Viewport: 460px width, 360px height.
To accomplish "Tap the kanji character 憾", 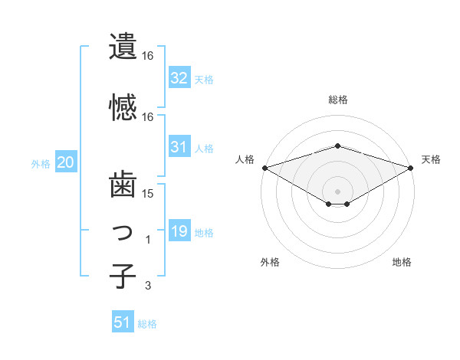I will [x=123, y=107].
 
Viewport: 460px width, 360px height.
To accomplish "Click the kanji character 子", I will [x=123, y=276].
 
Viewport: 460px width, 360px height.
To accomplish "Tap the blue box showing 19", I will [x=179, y=231].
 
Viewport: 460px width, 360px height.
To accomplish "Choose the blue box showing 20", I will [x=66, y=162].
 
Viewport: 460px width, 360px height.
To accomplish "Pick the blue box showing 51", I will [x=123, y=322].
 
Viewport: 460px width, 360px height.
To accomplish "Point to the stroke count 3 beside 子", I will [x=148, y=286].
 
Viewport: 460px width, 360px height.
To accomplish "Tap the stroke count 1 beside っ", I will [x=148, y=240].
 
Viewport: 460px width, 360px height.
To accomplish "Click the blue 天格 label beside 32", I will [x=204, y=79].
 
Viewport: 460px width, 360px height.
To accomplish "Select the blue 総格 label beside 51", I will [x=148, y=324].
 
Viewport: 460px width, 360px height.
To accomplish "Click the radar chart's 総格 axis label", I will [x=337, y=100].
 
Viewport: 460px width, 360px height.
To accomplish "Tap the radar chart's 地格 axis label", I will [x=402, y=262].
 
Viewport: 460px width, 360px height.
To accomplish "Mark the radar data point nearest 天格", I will [x=411, y=167].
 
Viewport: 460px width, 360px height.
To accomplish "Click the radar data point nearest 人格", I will [x=264, y=167].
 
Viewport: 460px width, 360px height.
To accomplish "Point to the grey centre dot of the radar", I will [x=337, y=191].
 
